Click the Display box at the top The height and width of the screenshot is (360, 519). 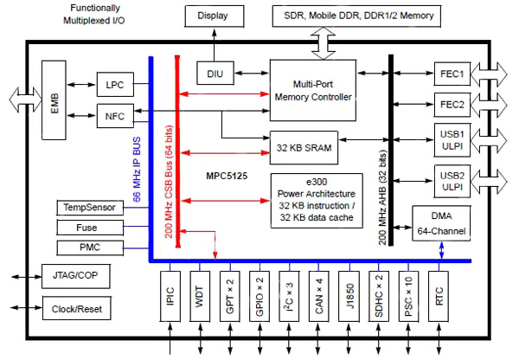pyautogui.click(x=212, y=16)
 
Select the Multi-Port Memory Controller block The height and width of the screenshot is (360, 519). pyautogui.click(x=312, y=90)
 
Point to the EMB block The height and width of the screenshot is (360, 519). pyautogui.click(x=54, y=100)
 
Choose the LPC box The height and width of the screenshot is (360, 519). pyautogui.click(x=115, y=84)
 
